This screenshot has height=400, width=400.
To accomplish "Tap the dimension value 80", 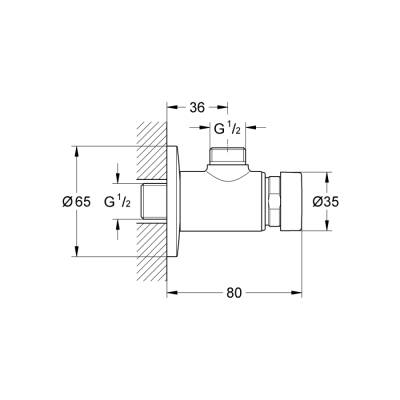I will click(235, 294).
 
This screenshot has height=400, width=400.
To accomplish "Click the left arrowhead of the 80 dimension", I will click(170, 294).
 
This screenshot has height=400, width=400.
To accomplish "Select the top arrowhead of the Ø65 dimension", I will click(76, 151).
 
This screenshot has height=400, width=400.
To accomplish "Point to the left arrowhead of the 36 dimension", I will click(170, 108).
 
